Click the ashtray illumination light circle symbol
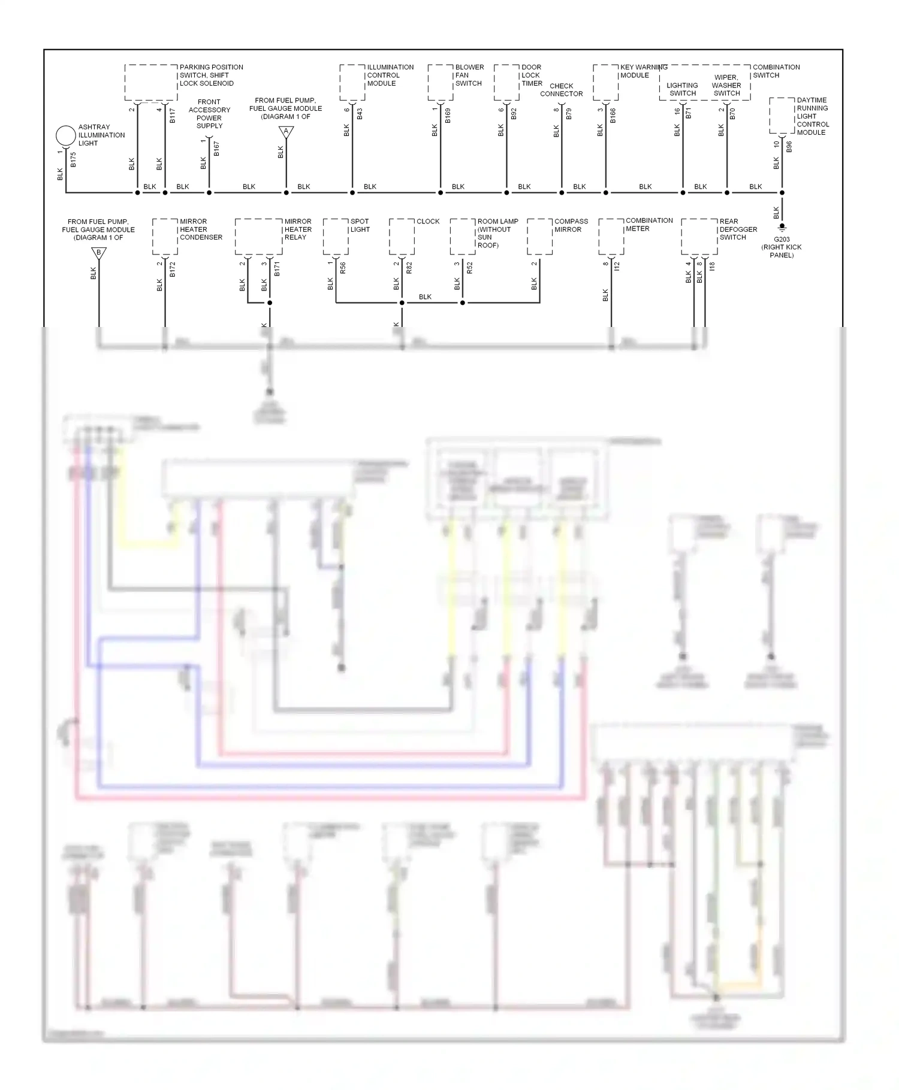(x=65, y=135)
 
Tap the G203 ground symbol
(x=782, y=228)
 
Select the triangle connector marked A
(x=286, y=132)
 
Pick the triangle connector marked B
(x=99, y=253)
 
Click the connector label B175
(x=73, y=159)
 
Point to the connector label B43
(x=360, y=114)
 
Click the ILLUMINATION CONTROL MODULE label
(x=390, y=75)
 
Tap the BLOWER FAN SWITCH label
(x=469, y=75)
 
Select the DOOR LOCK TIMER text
(x=532, y=75)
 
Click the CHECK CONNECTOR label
(x=561, y=90)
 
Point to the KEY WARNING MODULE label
(x=643, y=71)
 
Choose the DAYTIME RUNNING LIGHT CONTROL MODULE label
(x=812, y=116)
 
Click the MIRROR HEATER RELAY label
(x=298, y=229)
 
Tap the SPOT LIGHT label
(x=360, y=225)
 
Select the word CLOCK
(x=428, y=221)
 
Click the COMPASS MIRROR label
(x=571, y=225)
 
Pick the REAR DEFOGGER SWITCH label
(x=738, y=229)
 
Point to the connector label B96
(x=789, y=147)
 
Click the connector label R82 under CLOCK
(x=409, y=268)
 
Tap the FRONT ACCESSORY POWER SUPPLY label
(x=209, y=114)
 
